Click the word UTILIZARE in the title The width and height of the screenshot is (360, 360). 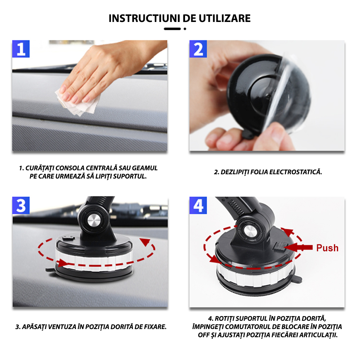pos(224,18)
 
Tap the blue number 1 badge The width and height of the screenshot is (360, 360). pos(21,49)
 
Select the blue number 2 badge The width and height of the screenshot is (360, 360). pos(198,49)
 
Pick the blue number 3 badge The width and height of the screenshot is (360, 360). pos(21,206)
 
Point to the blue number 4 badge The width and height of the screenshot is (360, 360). pos(198,206)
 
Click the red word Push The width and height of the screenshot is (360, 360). pos(327,248)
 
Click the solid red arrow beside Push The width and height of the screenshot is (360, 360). pos(298,248)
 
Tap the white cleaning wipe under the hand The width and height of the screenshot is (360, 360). pos(77,103)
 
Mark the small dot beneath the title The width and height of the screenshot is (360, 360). pos(185,29)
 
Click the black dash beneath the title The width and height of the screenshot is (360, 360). pos(172,29)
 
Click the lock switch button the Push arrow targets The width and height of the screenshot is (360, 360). pos(280,246)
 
